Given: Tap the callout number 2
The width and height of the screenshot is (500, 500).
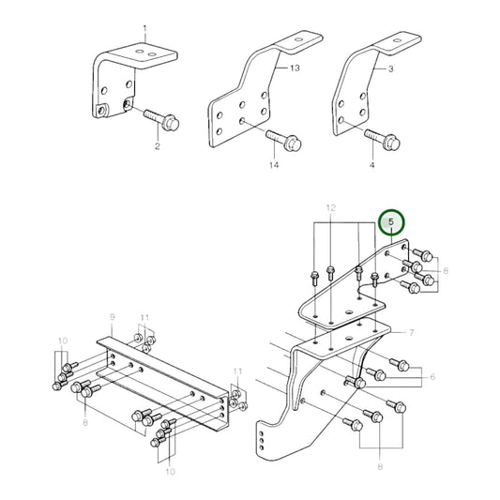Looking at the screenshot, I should (x=157, y=147).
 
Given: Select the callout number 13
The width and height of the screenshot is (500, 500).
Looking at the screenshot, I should (x=295, y=69).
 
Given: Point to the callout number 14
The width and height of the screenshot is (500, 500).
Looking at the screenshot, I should (x=275, y=166).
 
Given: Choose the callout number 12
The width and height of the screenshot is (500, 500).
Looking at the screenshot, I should (x=329, y=205).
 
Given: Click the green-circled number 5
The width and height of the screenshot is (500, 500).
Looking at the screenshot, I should (x=391, y=223).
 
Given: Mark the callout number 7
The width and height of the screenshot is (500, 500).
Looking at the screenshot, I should (x=410, y=332).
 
